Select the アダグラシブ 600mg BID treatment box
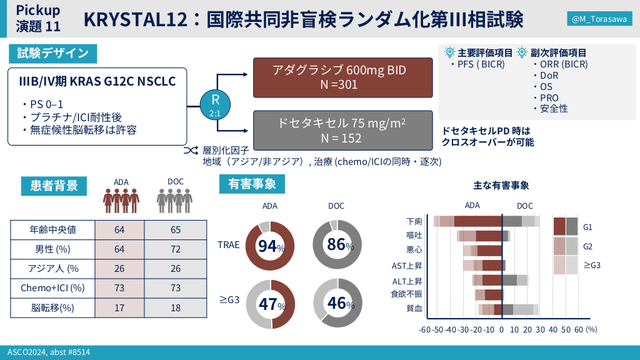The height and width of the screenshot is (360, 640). (x=342, y=77)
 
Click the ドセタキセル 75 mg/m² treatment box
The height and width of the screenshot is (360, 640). (x=342, y=130)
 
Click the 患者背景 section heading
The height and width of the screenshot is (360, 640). (x=54, y=185)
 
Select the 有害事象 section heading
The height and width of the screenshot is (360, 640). (x=252, y=184)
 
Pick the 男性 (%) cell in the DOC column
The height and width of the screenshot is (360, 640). (x=176, y=249)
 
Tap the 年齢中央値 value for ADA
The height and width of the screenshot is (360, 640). (x=119, y=229)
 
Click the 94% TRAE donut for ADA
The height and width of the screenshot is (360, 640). (x=271, y=246)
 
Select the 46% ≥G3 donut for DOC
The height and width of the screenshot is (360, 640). (x=337, y=303)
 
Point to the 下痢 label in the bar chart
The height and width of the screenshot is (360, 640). (x=414, y=221)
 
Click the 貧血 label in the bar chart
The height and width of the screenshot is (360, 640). (x=414, y=308)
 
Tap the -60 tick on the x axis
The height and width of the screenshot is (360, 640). (x=424, y=329)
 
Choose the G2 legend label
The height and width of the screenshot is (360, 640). (x=587, y=246)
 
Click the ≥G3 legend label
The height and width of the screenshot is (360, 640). (x=591, y=266)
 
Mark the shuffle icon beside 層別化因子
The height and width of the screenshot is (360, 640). (x=190, y=151)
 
